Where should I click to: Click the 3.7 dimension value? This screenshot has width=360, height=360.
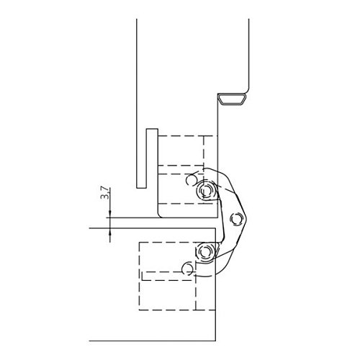pos(104,193)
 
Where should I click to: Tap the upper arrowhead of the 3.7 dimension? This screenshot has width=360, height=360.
pos(110,214)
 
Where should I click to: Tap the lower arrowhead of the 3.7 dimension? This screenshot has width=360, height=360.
pos(110,231)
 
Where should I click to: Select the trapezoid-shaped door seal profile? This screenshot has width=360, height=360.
pos(233,99)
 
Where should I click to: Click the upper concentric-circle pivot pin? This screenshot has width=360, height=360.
pos(204,191)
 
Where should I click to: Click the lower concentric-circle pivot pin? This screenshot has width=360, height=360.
pos(204,252)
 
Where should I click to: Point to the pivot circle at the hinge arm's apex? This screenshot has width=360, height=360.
pos(235,219)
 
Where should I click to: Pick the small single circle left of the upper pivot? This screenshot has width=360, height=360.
pos(192,180)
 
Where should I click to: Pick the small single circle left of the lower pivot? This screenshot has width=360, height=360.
pos(188,269)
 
